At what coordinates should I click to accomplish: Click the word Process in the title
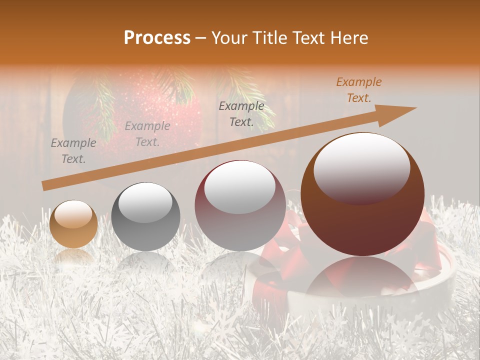click(157, 37)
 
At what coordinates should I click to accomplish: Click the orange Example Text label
click(358, 90)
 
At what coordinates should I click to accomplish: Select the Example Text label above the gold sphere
click(73, 151)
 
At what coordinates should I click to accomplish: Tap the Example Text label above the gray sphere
click(147, 134)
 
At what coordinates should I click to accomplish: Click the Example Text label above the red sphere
click(241, 114)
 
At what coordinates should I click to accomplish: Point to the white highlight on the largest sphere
click(362, 167)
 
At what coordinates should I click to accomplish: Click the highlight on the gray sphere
click(145, 203)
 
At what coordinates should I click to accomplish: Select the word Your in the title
click(228, 37)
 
